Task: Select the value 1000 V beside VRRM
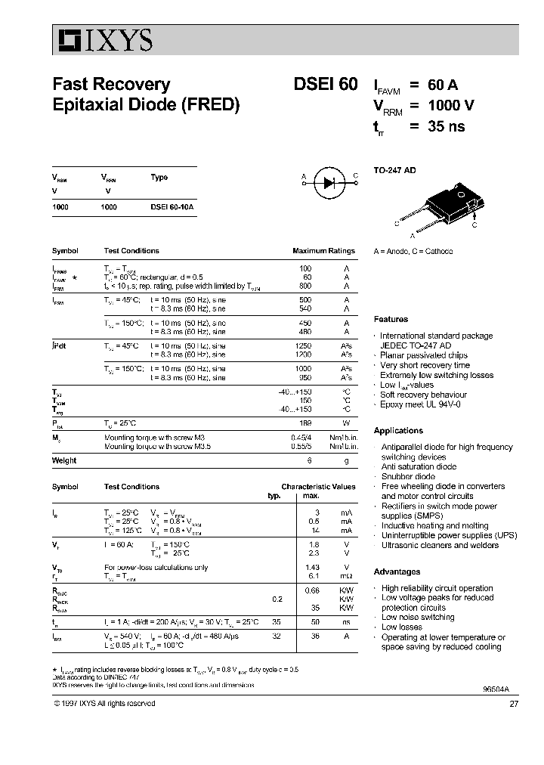(451, 106)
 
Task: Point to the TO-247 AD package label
(395, 170)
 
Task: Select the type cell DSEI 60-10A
(172, 206)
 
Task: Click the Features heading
(391, 320)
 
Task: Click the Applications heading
(398, 431)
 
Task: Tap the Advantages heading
(397, 572)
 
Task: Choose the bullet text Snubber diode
(408, 477)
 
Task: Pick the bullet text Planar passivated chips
(423, 355)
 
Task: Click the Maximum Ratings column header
(323, 251)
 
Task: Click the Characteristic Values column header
(318, 487)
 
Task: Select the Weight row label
(64, 460)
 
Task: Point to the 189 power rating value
(305, 424)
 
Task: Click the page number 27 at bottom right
(514, 703)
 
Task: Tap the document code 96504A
(494, 690)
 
